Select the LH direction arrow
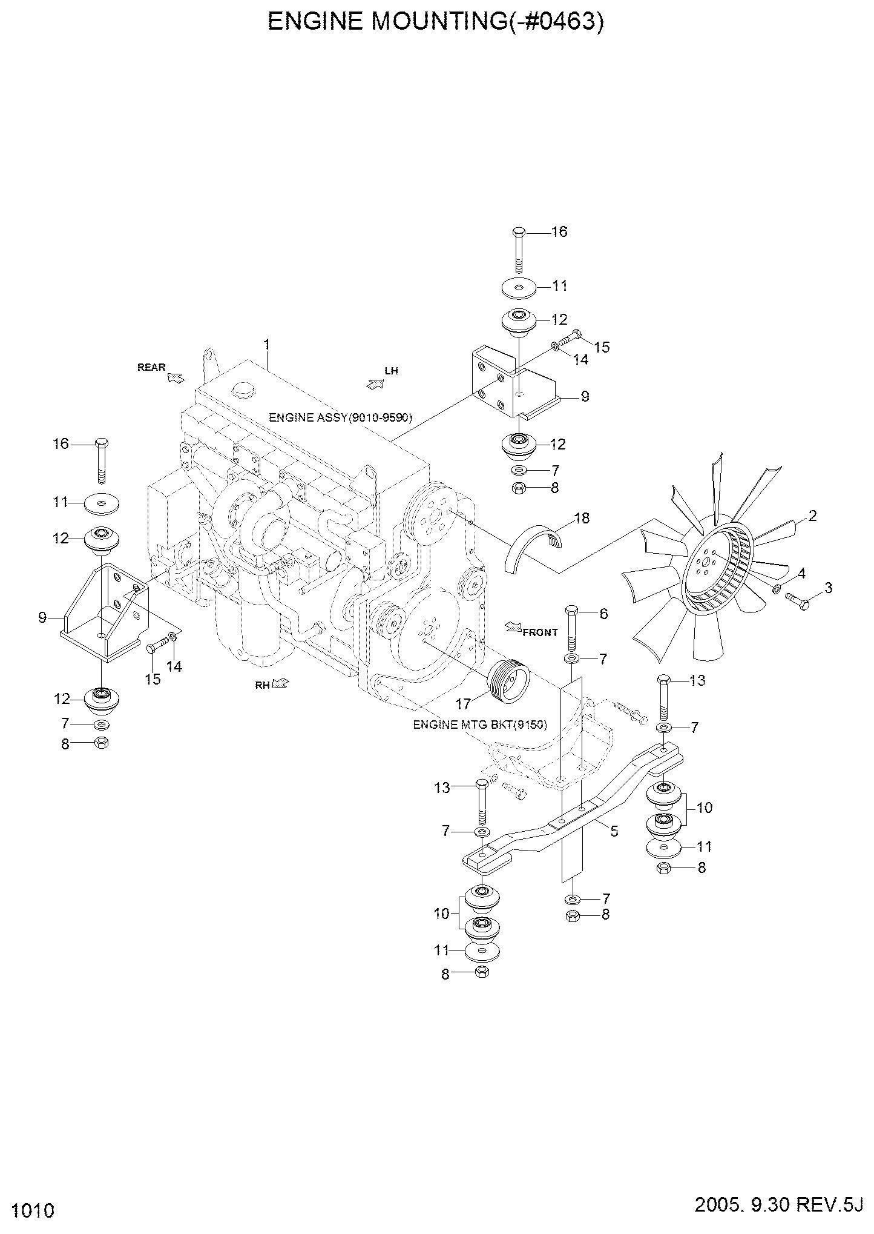click(375, 383)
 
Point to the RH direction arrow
click(280, 683)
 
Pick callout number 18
click(581, 519)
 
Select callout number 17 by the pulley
click(464, 704)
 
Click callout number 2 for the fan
click(812, 516)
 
